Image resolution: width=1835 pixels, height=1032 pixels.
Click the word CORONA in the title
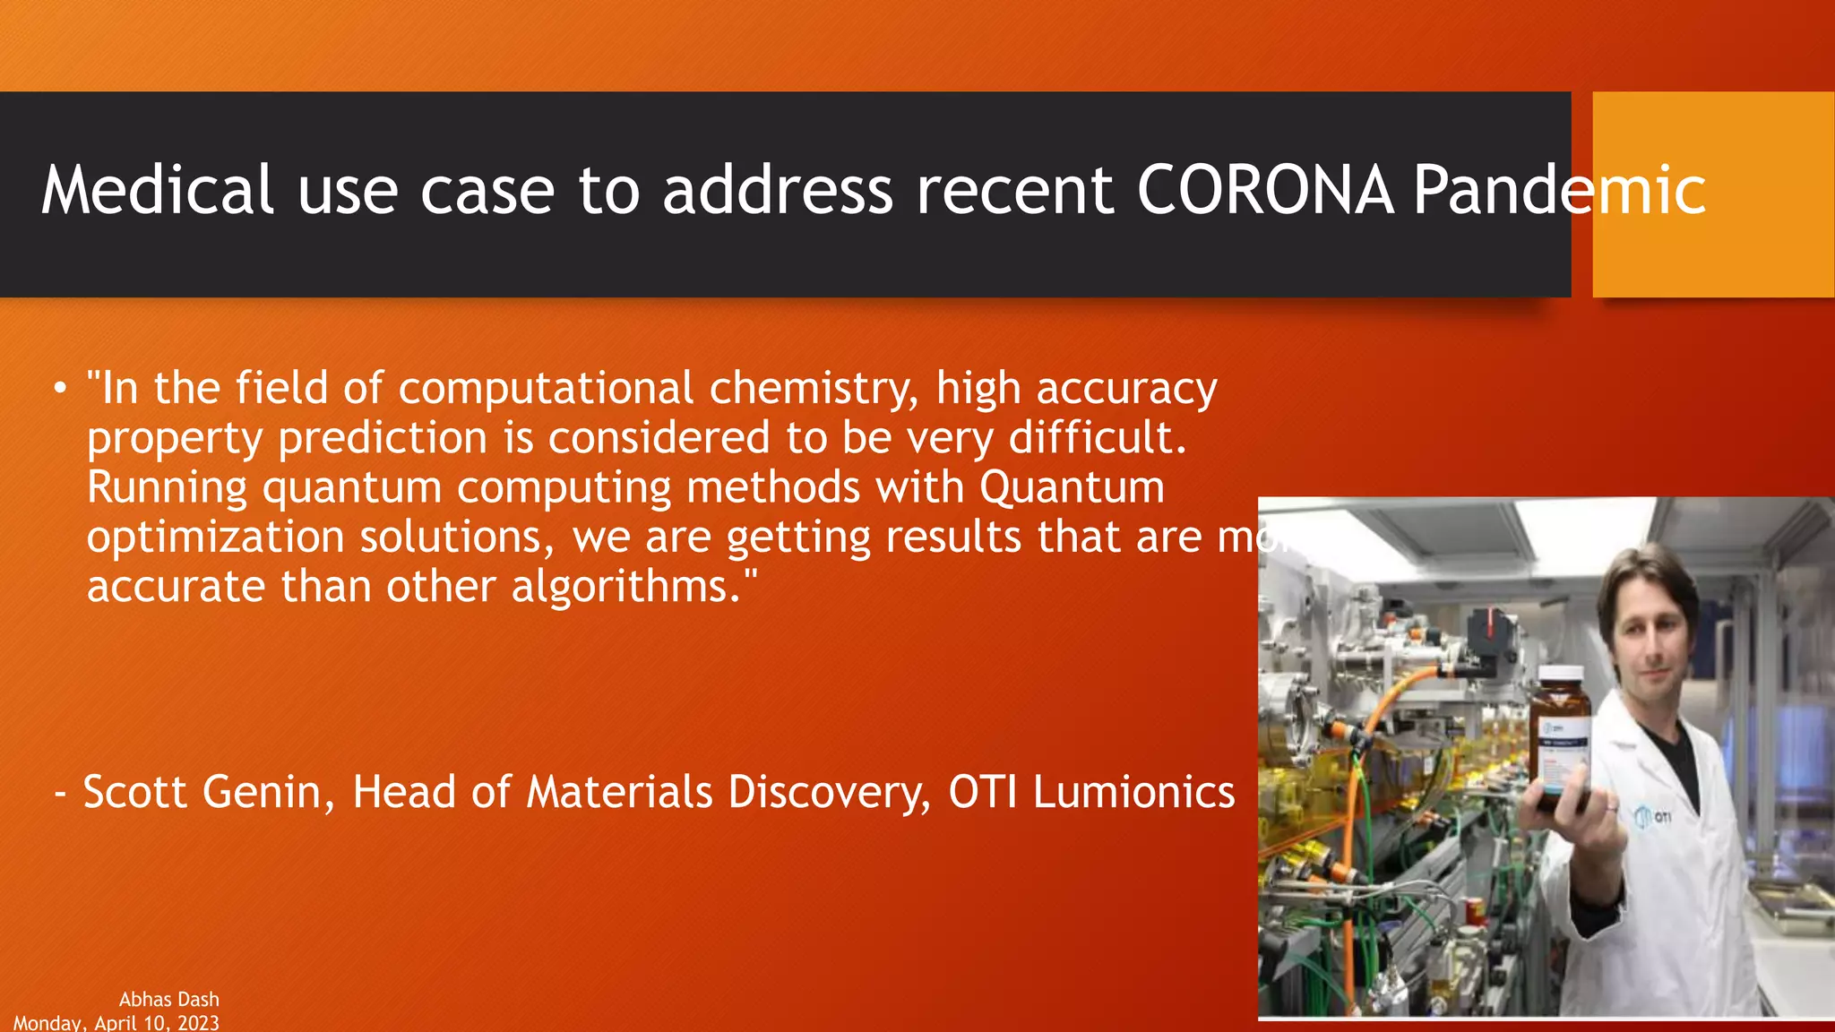pyautogui.click(x=1265, y=190)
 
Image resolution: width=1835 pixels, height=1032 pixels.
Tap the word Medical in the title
pyautogui.click(x=157, y=190)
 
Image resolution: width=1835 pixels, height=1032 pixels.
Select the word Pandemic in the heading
pyautogui.click(x=1559, y=190)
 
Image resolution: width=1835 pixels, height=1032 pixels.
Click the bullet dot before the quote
pyautogui.click(x=59, y=389)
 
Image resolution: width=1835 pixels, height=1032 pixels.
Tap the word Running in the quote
pyautogui.click(x=167, y=488)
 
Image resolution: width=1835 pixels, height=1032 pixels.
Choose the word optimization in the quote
pyautogui.click(x=215, y=537)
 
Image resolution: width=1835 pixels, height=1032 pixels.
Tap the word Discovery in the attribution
pyautogui.click(x=829, y=792)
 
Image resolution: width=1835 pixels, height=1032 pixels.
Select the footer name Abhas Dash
pyautogui.click(x=168, y=999)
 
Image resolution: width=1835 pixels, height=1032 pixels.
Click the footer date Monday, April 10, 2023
pyautogui.click(x=116, y=1022)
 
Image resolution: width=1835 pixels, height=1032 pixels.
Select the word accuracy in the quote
pyautogui.click(x=1126, y=389)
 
